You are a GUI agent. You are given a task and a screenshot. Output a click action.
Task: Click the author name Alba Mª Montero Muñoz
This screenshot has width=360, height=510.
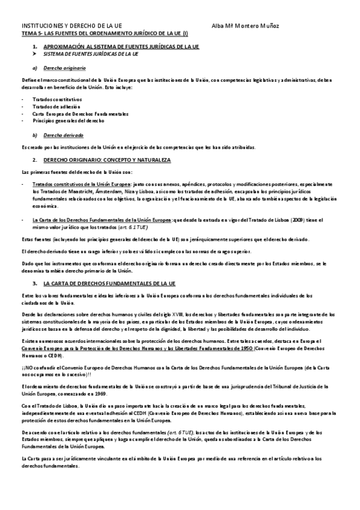pos(246,26)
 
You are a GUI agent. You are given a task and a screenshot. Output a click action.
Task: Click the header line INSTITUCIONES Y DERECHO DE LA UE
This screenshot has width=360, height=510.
pos(72,26)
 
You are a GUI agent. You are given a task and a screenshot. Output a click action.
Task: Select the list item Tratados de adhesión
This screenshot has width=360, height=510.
pos(56,106)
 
